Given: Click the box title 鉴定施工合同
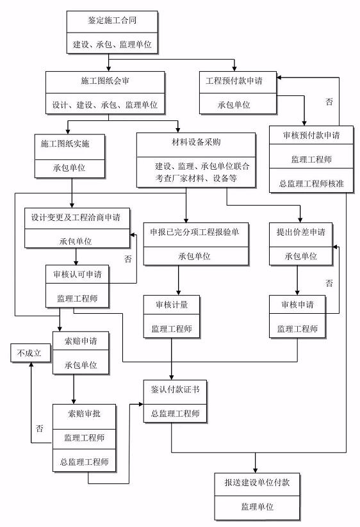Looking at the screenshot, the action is [112, 20].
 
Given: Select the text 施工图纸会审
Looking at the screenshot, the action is [105, 81].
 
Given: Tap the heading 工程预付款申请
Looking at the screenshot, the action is [234, 81].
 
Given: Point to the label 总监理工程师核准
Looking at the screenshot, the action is [311, 184].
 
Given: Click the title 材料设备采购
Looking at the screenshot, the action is [196, 142].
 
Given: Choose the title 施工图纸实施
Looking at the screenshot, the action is [65, 144].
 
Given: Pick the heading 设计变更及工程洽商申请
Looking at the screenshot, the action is [76, 218].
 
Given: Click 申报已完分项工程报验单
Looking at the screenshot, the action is [194, 232].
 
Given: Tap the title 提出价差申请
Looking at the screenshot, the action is [301, 232].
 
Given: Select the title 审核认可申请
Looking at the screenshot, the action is [78, 275].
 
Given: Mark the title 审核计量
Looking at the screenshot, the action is [172, 305].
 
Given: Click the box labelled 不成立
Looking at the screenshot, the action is [31, 353].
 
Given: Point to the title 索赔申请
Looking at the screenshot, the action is [81, 341].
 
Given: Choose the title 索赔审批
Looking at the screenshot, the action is [84, 414].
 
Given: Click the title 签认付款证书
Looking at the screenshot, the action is [175, 389].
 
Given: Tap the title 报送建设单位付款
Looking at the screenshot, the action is [257, 483].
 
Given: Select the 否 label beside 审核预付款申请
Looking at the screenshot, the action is [329, 102].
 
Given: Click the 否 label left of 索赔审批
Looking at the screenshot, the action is [40, 428].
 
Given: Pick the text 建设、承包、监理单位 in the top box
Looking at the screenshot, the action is [112, 44].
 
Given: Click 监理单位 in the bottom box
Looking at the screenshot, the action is [257, 507].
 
